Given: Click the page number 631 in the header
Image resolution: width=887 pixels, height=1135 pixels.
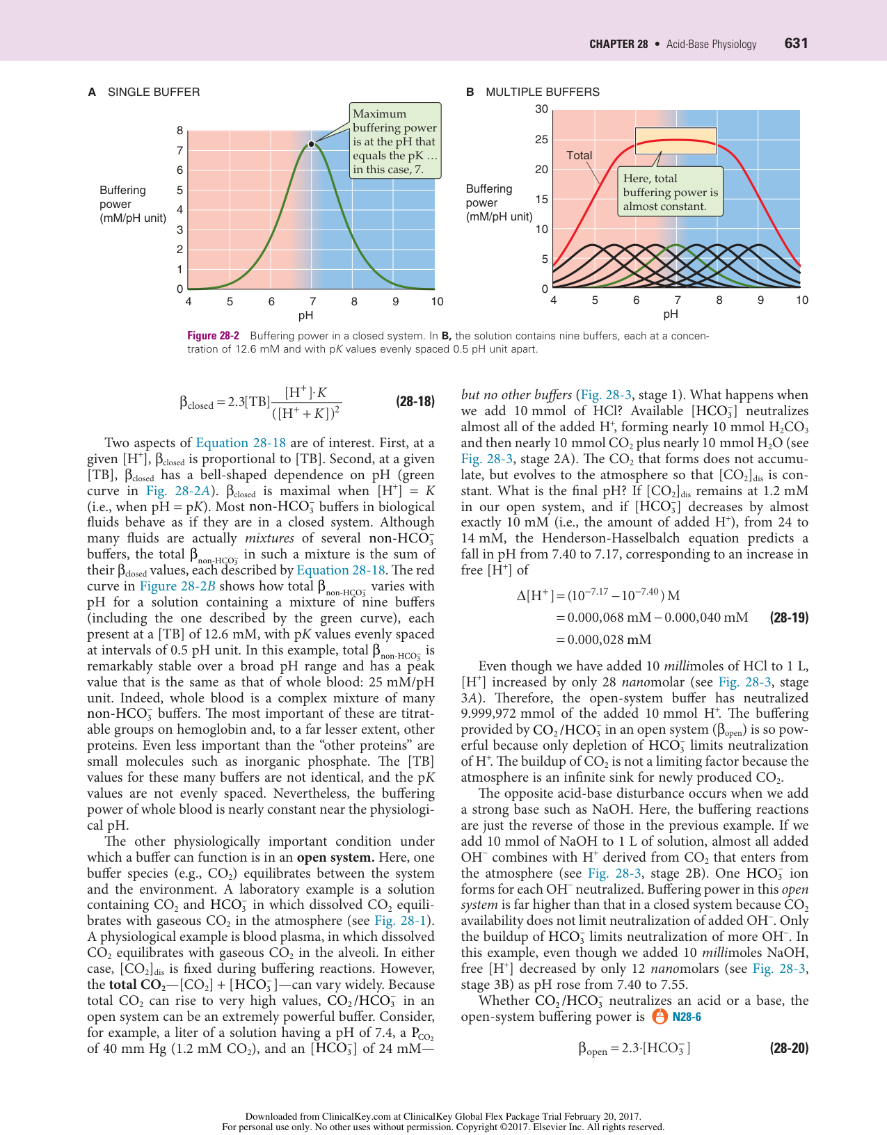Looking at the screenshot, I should [796, 43].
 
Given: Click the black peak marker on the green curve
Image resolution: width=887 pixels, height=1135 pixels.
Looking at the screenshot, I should [312, 144].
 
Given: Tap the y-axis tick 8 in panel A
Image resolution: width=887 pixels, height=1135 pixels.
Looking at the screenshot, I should [180, 131].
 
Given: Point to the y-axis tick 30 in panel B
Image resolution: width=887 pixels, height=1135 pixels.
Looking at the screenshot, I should [541, 109].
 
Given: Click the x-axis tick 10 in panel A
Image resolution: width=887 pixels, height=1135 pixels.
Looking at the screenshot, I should [437, 302].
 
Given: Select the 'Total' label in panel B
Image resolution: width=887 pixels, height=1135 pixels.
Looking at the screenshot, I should [579, 156].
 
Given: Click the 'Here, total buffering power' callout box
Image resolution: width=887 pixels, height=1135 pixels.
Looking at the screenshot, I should [670, 192].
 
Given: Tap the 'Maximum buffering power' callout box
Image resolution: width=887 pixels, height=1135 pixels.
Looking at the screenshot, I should [394, 141].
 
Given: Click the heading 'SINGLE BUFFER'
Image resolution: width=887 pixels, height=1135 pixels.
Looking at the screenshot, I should [153, 92].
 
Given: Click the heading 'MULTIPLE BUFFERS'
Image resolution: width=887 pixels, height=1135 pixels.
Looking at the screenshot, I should [542, 92].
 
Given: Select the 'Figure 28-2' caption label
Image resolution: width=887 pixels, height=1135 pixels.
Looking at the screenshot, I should [213, 336].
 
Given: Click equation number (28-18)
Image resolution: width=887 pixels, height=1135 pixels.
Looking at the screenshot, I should [415, 401].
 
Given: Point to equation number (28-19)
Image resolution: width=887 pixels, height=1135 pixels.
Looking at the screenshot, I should [789, 618].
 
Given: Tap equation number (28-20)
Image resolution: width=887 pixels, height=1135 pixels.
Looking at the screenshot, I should [789, 1048].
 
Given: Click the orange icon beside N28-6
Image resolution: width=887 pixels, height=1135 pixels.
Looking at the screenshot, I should [660, 1017].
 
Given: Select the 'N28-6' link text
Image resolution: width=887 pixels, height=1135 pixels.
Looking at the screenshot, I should [687, 1017].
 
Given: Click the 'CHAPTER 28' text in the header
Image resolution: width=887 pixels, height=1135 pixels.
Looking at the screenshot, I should [618, 45].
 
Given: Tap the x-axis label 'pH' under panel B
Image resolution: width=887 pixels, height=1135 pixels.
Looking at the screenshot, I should [670, 314].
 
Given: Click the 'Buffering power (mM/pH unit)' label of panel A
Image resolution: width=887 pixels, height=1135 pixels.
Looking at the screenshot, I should [132, 204].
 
